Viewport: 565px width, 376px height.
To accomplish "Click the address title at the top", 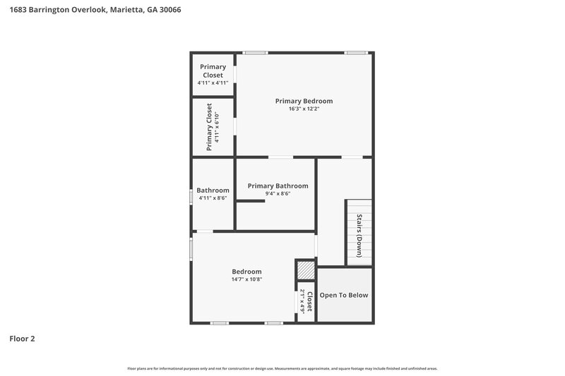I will tap(90, 10).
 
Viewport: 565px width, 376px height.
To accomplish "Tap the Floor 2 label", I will tap(22, 339).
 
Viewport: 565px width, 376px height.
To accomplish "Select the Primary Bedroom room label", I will tap(304, 101).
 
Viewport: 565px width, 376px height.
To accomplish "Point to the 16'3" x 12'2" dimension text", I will tap(304, 109).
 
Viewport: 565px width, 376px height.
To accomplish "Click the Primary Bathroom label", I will tap(278, 186).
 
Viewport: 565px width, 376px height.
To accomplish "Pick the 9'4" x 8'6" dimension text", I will tap(278, 194).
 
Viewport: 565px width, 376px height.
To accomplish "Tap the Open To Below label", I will tap(344, 295).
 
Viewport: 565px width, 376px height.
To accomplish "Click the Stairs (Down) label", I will tap(359, 235).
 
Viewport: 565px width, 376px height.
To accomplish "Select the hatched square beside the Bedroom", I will tap(305, 271).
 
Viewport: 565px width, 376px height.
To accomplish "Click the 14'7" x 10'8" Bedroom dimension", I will tap(246, 279).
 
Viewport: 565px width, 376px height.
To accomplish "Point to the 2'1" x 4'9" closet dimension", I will tap(302, 301).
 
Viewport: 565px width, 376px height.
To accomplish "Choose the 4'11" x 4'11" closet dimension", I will tap(213, 83).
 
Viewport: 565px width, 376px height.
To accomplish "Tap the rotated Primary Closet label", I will tap(209, 127).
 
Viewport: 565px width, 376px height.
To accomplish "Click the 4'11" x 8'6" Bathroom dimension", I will tap(213, 198).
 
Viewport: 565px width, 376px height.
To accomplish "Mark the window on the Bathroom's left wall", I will tap(191, 195).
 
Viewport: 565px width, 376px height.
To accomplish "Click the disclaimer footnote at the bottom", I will tap(282, 368).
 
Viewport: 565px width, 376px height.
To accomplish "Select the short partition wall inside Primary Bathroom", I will tap(250, 202).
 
